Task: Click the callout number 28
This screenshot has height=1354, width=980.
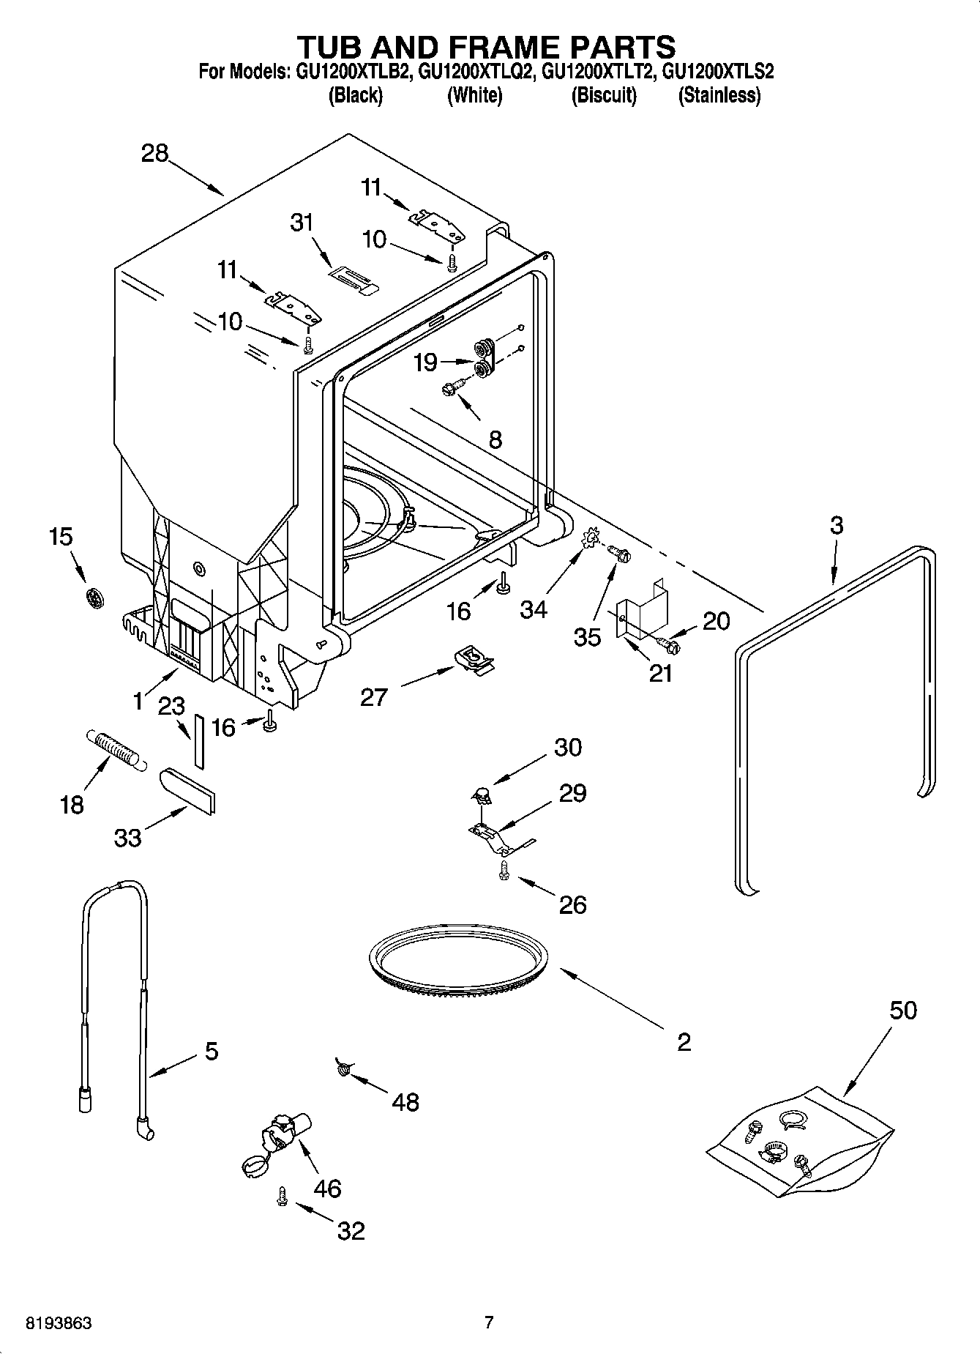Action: tap(155, 154)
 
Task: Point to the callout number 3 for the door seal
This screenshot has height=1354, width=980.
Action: tap(836, 525)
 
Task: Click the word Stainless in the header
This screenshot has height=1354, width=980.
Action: tap(719, 95)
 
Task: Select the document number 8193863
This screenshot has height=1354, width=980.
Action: tap(59, 1323)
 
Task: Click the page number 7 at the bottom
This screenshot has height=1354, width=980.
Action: tap(489, 1323)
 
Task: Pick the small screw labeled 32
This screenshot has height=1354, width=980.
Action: tap(282, 1197)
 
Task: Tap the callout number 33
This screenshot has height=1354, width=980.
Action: tap(128, 838)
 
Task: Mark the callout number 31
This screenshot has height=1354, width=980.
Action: tap(302, 222)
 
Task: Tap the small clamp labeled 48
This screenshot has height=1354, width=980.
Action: tap(343, 1070)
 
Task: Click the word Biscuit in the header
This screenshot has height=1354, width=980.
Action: tap(604, 95)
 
